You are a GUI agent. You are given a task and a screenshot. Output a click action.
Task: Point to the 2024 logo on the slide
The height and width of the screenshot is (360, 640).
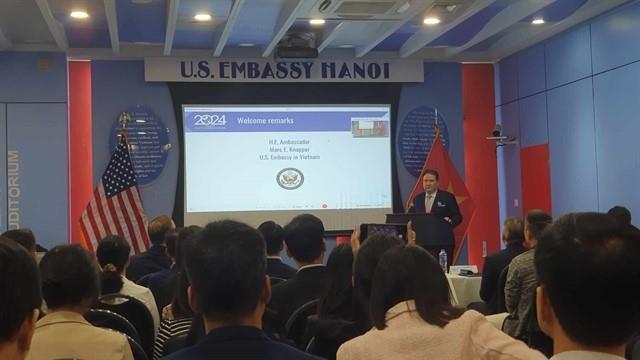coord(210,121)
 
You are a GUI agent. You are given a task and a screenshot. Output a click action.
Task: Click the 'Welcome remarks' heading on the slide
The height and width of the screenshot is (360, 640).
coord(264,121)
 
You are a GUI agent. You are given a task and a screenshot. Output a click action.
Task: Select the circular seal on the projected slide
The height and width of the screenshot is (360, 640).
coord(289,179)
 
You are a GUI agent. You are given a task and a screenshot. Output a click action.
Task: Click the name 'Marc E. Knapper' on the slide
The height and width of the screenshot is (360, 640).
coord(289,150)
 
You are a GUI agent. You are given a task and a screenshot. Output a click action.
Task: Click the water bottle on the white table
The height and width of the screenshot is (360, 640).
coord(442,260)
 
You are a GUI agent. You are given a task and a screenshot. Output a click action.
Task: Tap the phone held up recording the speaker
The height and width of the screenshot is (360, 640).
coord(383,232)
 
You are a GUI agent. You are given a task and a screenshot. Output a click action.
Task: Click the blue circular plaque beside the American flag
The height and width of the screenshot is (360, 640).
coord(141,145)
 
